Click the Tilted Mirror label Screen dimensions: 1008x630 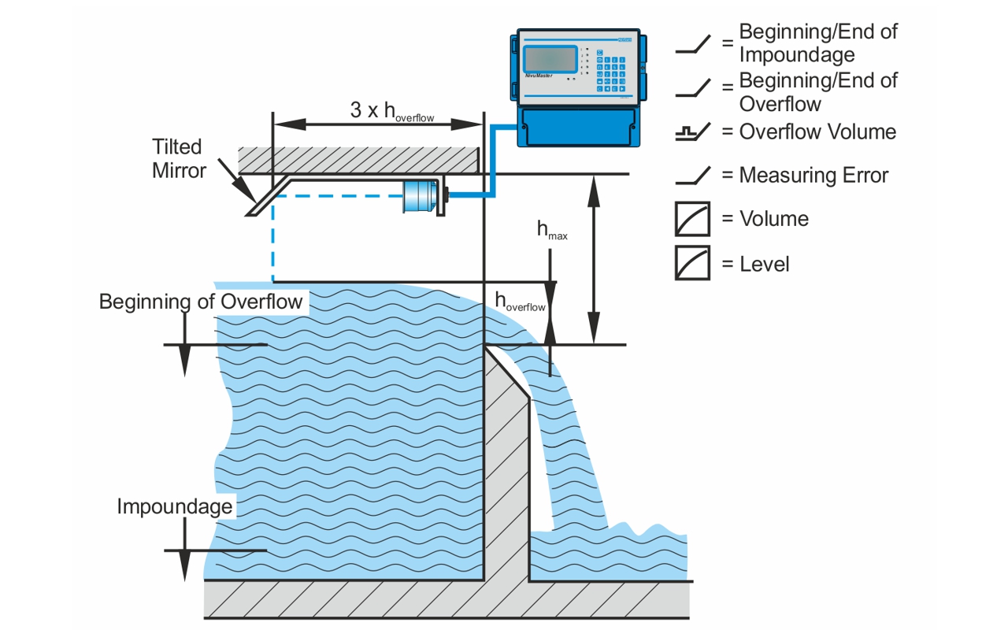[x=179, y=158]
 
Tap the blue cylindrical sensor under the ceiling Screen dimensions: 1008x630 [x=420, y=196]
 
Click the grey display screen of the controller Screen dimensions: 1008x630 [x=550, y=59]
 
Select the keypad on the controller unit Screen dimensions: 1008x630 [x=610, y=71]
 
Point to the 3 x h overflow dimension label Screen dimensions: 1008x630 [x=392, y=111]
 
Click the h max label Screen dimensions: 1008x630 [x=552, y=230]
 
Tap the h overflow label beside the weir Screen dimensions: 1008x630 [x=520, y=301]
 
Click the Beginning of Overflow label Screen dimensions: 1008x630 [x=201, y=302]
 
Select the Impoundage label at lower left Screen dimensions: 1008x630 [x=175, y=506]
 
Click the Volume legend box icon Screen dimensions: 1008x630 [x=692, y=219]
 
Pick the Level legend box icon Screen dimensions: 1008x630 [x=692, y=263]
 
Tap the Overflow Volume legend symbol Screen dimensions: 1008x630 [x=693, y=132]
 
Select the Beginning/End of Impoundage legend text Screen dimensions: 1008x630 [x=818, y=43]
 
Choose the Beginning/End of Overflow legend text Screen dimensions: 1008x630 [x=818, y=92]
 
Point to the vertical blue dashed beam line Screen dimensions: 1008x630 [x=272, y=239]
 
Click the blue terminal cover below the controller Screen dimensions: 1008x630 [x=578, y=127]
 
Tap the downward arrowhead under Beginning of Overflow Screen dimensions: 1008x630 [x=184, y=361]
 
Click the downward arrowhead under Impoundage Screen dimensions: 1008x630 [x=184, y=565]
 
